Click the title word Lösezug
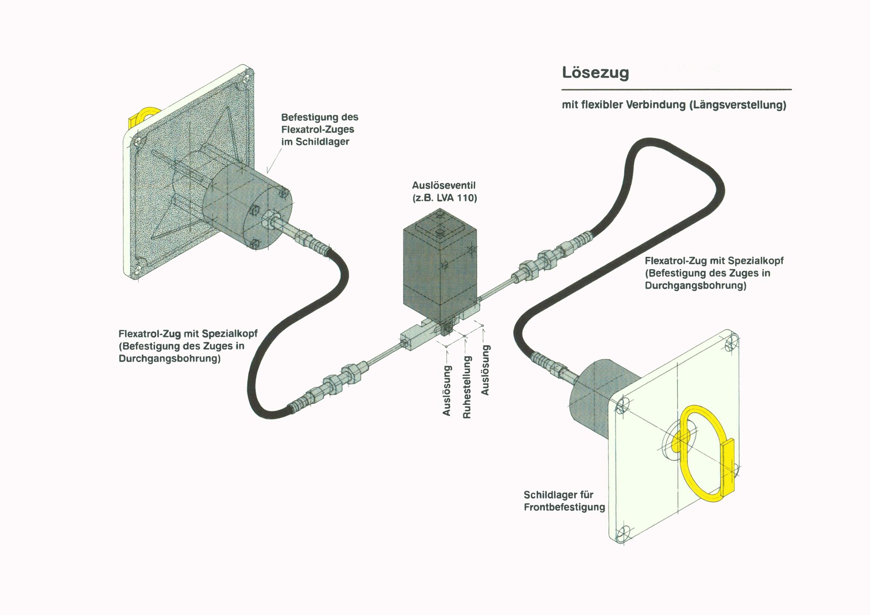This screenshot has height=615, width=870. [595, 72]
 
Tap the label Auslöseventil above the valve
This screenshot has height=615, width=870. [444, 186]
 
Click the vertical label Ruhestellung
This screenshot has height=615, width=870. [467, 387]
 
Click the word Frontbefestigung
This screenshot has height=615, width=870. [564, 507]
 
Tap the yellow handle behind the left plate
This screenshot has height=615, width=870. [139, 117]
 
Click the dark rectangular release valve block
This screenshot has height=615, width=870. [438, 270]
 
